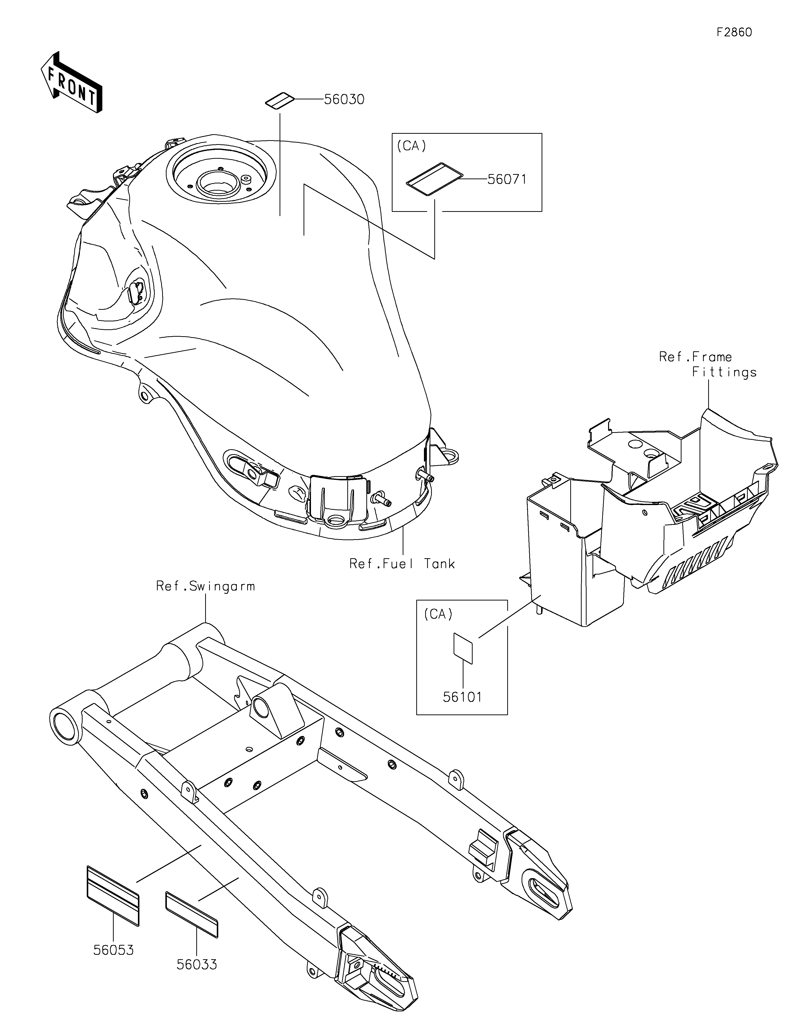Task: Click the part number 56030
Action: pyautogui.click(x=344, y=100)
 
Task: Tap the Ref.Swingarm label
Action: pyautogui.click(x=205, y=586)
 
